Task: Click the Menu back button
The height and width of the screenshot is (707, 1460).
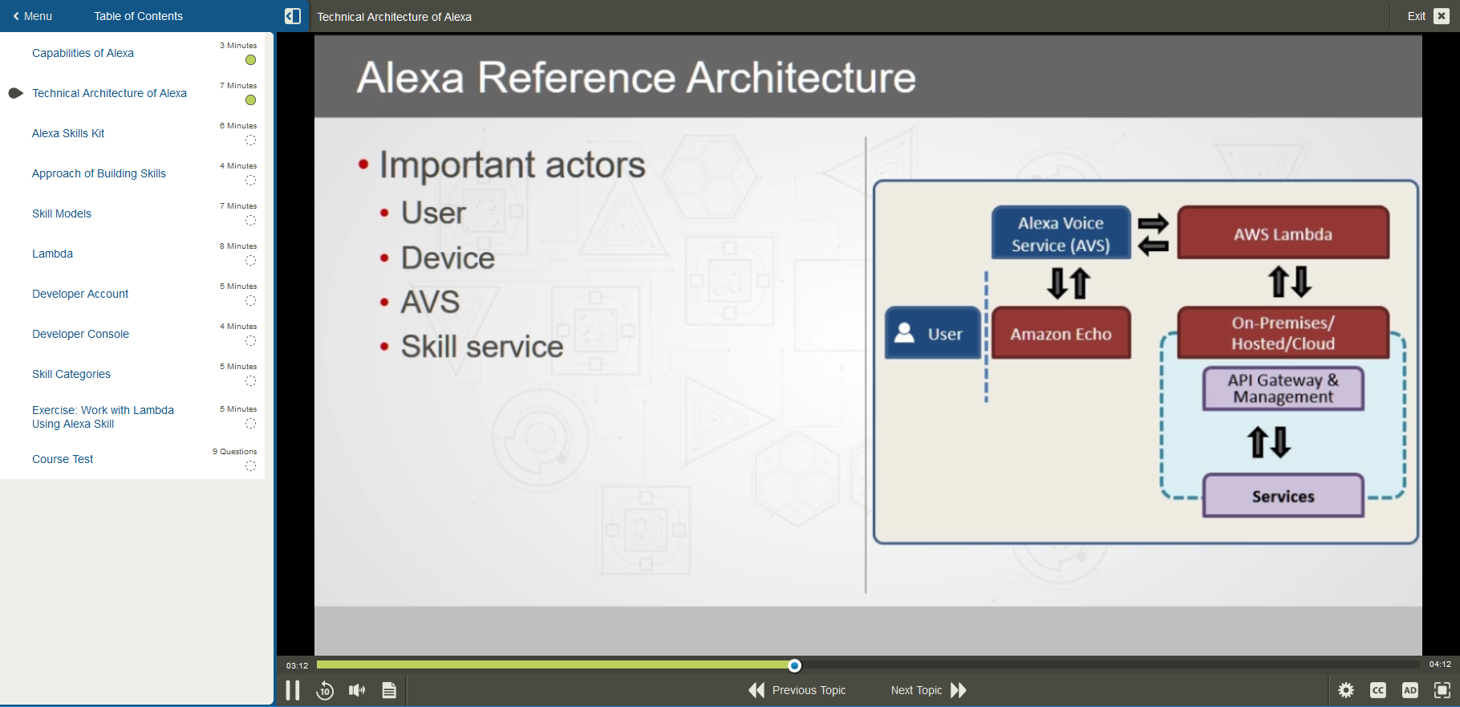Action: [32, 16]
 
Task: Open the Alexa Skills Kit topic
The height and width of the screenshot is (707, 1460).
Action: [68, 133]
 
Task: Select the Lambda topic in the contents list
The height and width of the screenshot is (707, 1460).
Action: [52, 254]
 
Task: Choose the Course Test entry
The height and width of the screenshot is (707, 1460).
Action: [63, 459]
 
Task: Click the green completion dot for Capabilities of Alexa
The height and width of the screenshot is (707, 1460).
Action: [250, 60]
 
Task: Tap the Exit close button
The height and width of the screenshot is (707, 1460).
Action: [1442, 16]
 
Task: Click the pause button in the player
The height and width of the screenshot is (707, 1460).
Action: [293, 690]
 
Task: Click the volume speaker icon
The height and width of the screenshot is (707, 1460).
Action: [357, 690]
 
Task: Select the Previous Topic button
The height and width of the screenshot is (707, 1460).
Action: [797, 690]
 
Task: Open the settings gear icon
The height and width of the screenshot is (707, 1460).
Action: [1346, 690]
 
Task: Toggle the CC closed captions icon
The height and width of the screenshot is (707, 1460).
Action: [1378, 690]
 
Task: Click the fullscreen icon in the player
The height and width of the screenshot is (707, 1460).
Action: [1442, 690]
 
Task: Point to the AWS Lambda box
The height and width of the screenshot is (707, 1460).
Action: [1283, 234]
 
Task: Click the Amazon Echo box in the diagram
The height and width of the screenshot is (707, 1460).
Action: [1061, 333]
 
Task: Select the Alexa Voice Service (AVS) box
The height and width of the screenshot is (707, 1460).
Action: [1061, 234]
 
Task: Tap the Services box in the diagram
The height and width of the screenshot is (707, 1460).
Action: [1283, 496]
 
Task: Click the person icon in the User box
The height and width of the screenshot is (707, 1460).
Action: [905, 332]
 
